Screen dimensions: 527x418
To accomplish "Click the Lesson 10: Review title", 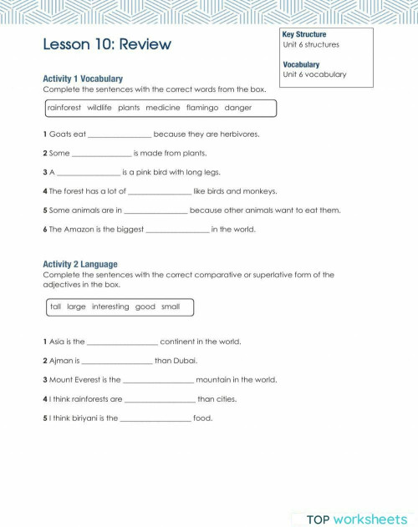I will click(106, 43).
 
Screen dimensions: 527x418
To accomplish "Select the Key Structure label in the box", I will click(304, 34).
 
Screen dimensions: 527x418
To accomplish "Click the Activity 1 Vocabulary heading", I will click(83, 79).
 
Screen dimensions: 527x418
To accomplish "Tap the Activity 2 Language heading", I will click(80, 264).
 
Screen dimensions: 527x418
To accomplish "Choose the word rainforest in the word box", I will click(64, 108).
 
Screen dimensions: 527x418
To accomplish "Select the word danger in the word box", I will click(237, 108).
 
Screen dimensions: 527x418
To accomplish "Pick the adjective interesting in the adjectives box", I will click(110, 307).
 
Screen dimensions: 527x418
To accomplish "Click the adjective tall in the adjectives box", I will click(56, 307).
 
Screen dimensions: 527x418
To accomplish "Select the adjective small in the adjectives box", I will click(170, 307).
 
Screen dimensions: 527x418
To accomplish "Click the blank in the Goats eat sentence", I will click(120, 135).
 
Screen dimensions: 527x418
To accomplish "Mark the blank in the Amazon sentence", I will click(176, 231).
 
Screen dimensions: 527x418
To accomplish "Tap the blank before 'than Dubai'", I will click(117, 362).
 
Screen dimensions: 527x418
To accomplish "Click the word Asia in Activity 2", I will click(58, 342).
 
